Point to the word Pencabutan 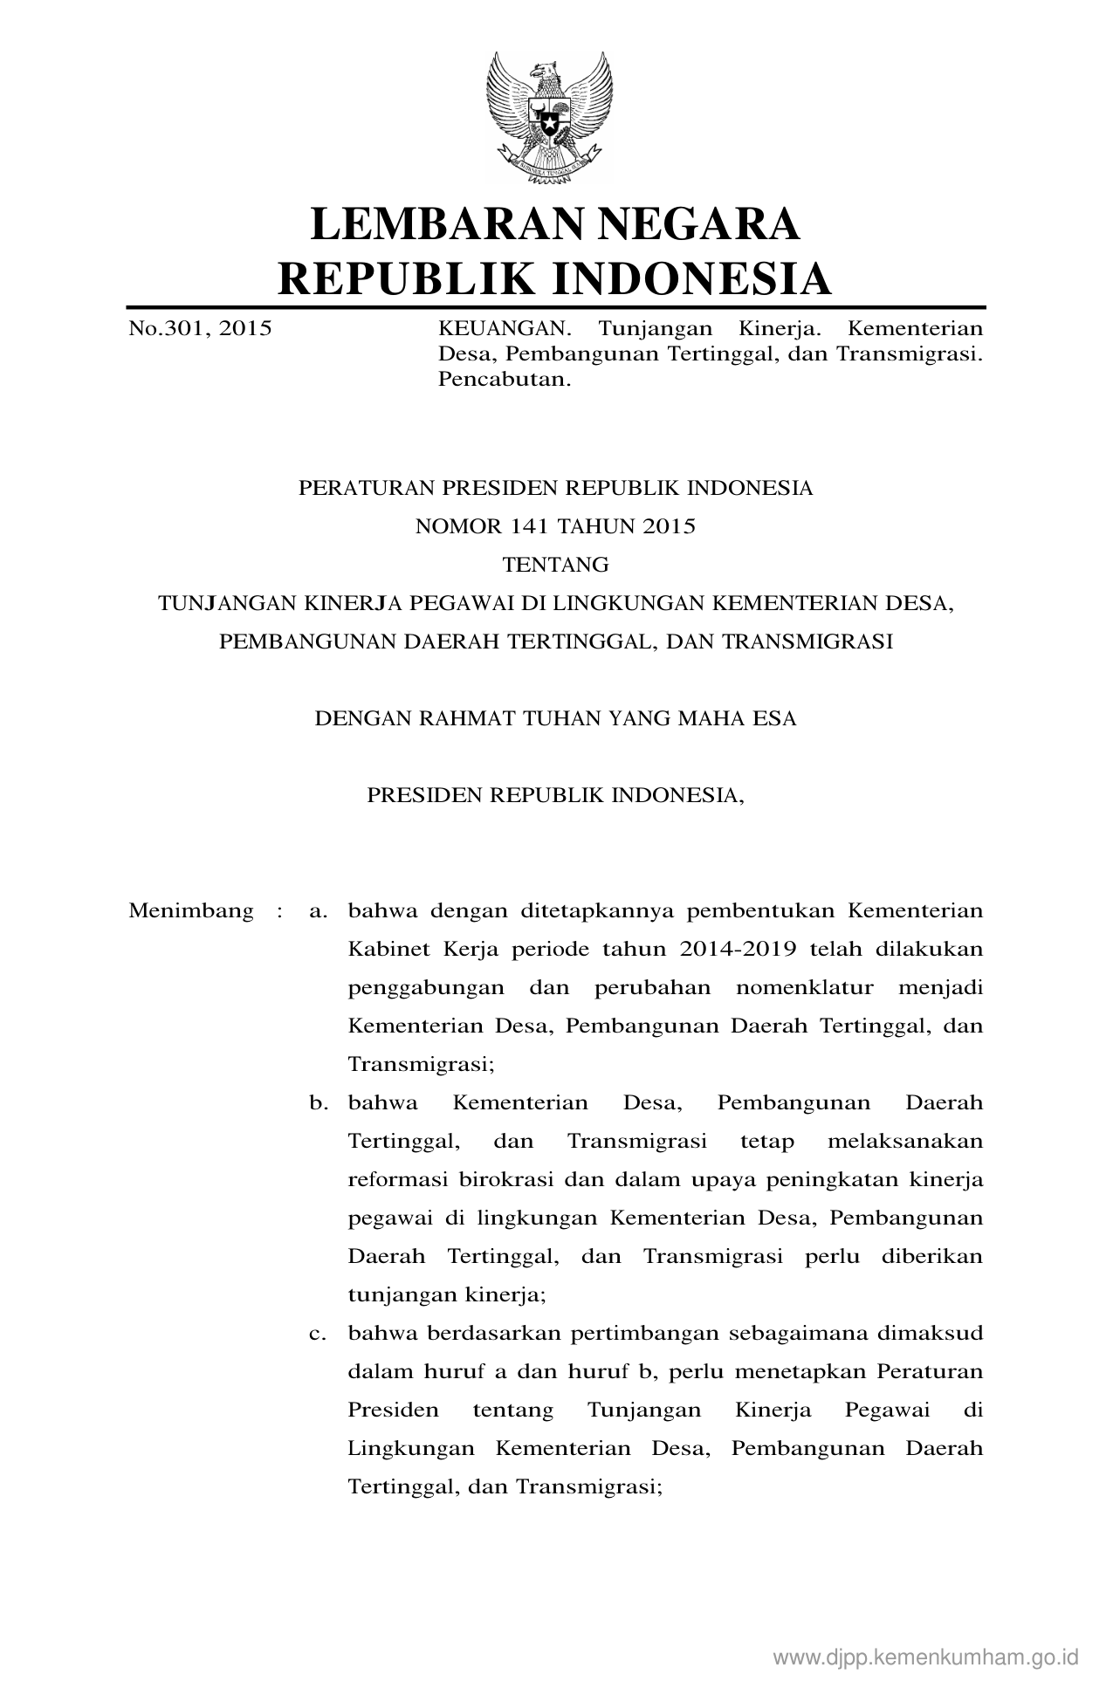point(504,381)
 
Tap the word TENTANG point(556,565)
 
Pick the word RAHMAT point(465,718)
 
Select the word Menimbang point(191,911)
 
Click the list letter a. point(318,911)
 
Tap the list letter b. point(318,1103)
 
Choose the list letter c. point(318,1334)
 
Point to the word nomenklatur point(804,988)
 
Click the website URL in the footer point(926,1657)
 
